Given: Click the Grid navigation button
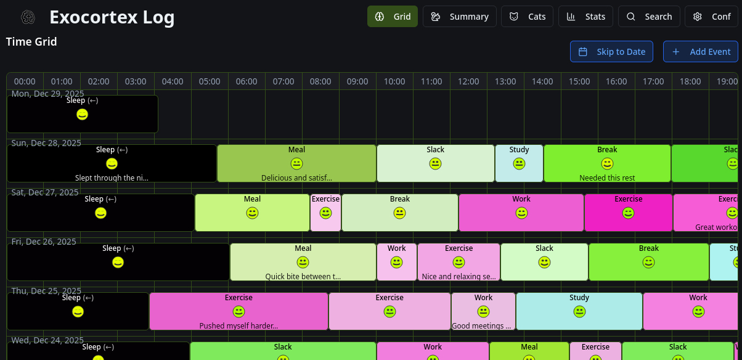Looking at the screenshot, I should pyautogui.click(x=393, y=17).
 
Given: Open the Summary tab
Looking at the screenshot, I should pyautogui.click(x=459, y=17).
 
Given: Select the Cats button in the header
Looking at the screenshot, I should pyautogui.click(x=527, y=17).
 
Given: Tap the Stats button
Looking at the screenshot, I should pyautogui.click(x=585, y=17).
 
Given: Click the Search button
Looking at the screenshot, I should pyautogui.click(x=649, y=17).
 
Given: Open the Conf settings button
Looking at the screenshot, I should pyautogui.click(x=711, y=17).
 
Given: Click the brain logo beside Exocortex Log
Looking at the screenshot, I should pyautogui.click(x=28, y=17).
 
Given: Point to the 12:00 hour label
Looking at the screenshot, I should pyautogui.click(x=468, y=81).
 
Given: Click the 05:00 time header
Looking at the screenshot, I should pyautogui.click(x=210, y=81).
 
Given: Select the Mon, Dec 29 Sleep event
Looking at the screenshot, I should pyautogui.click(x=82, y=114).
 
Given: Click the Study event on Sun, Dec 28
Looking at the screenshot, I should pyautogui.click(x=519, y=163).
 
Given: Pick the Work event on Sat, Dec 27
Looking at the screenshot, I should pyautogui.click(x=521, y=213).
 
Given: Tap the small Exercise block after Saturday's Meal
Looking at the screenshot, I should pyautogui.click(x=325, y=213).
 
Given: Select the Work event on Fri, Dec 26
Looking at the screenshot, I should pyautogui.click(x=396, y=262).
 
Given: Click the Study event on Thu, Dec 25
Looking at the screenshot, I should pyautogui.click(x=579, y=311).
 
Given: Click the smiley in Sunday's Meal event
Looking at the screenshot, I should pyautogui.click(x=296, y=163).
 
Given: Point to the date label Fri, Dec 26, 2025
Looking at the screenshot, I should pyautogui.click(x=44, y=242).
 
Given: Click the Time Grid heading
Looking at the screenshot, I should pyautogui.click(x=31, y=42).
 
